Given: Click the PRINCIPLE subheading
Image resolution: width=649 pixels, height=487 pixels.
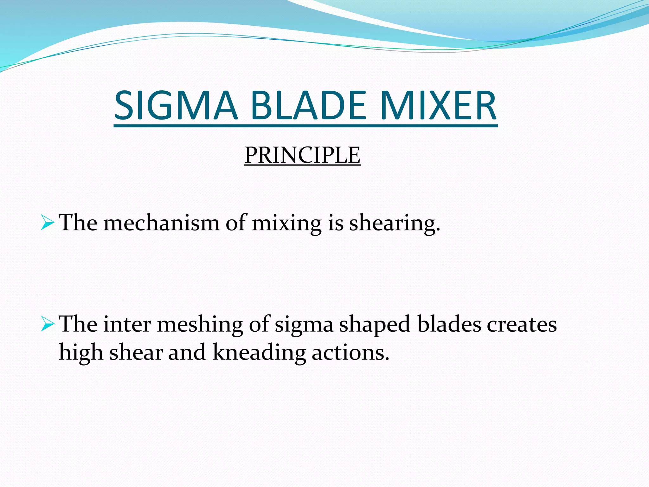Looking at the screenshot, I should click(x=302, y=155).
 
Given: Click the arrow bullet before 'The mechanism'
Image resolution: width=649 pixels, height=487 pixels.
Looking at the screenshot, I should click(x=48, y=223).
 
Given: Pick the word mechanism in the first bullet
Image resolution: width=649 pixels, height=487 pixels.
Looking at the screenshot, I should click(x=161, y=223).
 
